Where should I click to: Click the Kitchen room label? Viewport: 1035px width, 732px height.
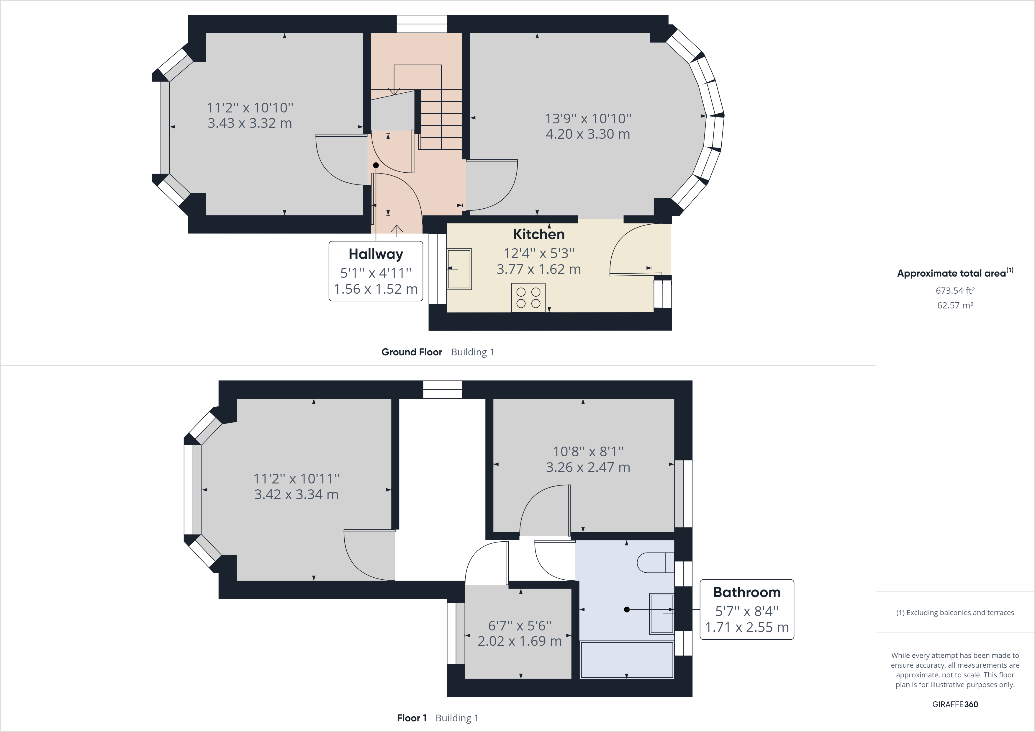point(539,234)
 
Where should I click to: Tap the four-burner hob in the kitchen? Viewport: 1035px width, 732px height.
point(528,298)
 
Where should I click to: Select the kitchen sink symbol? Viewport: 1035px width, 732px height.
point(459,269)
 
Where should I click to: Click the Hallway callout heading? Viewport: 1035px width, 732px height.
point(376,254)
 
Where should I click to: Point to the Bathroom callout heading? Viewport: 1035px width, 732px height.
point(746,592)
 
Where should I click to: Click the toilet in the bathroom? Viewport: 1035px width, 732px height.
point(654,562)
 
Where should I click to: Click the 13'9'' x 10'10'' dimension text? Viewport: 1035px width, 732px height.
point(588,119)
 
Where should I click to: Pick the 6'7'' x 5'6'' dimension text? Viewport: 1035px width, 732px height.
point(520,625)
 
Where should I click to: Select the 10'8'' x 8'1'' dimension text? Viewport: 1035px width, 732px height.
point(588,452)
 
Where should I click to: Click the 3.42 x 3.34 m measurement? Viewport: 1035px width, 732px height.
point(296,494)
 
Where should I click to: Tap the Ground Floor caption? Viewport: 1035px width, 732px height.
point(412,352)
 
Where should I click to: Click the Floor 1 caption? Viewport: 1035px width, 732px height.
point(412,718)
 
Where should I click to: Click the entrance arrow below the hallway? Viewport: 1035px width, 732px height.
point(397,231)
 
